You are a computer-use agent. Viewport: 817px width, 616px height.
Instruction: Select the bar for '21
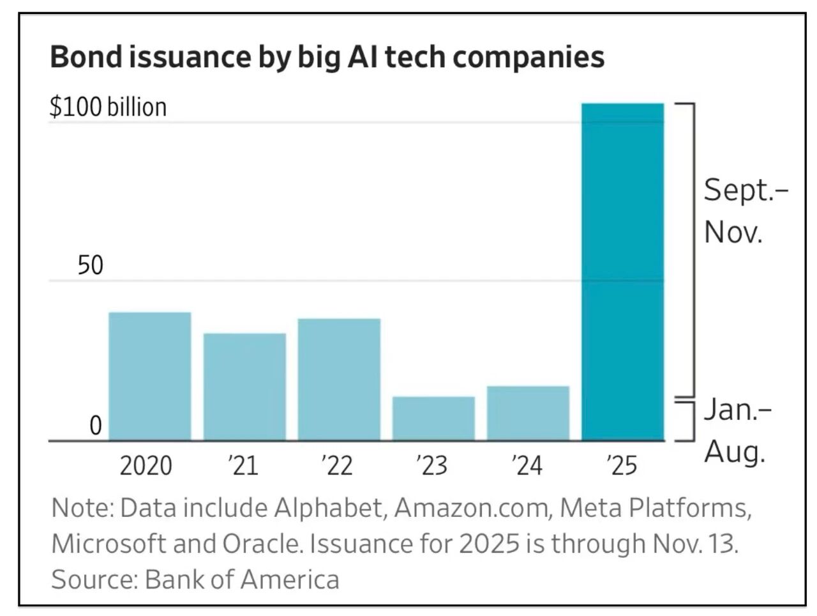(x=244, y=387)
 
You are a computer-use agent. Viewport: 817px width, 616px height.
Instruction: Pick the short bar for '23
(x=433, y=418)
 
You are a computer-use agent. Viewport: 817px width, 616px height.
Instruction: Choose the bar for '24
(x=528, y=413)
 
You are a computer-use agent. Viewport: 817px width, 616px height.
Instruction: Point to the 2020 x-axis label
(x=146, y=465)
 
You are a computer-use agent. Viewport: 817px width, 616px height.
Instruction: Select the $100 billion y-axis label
(x=108, y=107)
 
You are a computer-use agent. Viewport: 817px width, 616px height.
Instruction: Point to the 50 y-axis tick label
(x=90, y=265)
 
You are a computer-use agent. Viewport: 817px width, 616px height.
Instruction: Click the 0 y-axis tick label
(x=95, y=426)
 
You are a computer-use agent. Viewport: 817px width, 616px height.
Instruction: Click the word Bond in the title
(x=86, y=57)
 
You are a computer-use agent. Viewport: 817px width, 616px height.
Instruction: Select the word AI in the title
(x=360, y=57)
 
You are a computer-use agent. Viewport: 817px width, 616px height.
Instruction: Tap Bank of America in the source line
(x=242, y=580)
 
